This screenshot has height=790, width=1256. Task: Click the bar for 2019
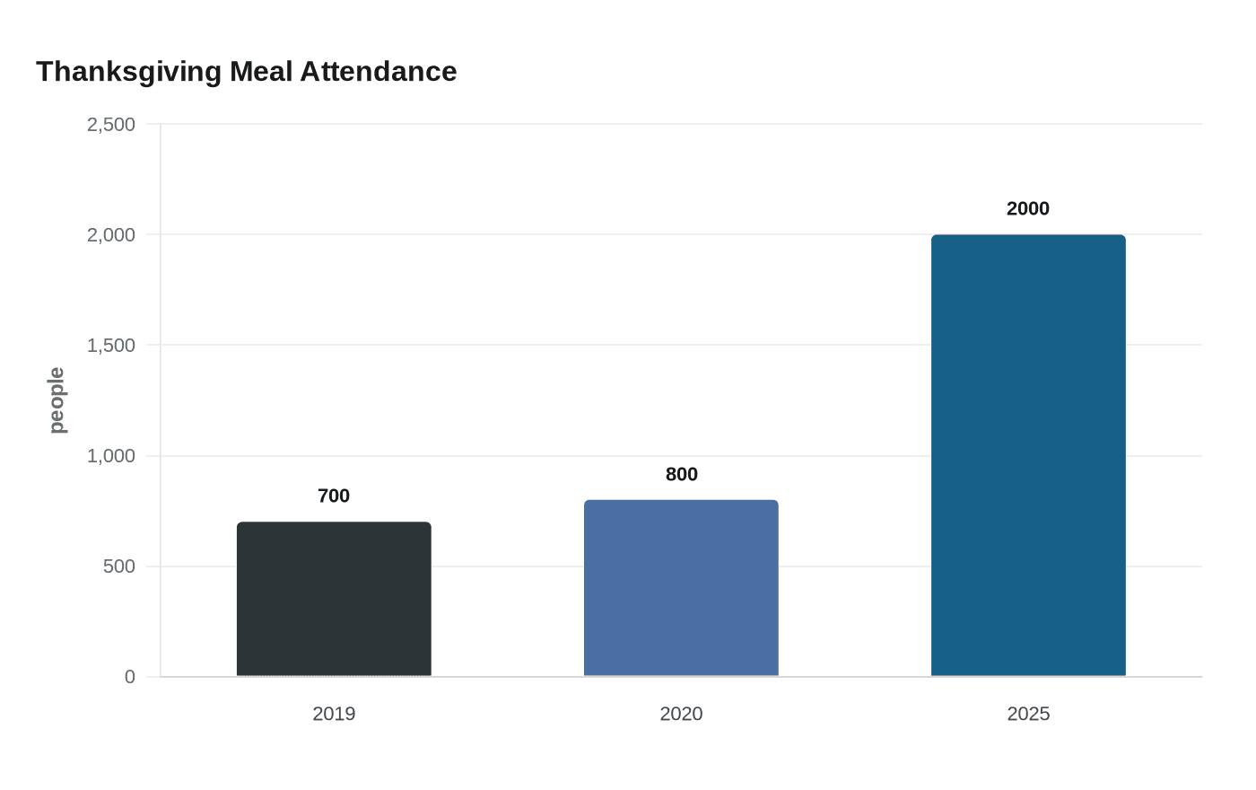tap(334, 599)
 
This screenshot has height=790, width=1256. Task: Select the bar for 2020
tap(681, 588)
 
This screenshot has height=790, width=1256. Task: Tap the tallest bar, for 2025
tap(1028, 455)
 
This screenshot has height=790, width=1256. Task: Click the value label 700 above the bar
tap(334, 496)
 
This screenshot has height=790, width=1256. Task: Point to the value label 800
tap(681, 474)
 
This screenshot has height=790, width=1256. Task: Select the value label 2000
tap(1028, 208)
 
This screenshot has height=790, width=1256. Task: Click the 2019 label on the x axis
tap(334, 714)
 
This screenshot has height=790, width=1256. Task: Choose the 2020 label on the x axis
tap(681, 714)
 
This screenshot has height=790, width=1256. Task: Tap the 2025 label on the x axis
tap(1028, 714)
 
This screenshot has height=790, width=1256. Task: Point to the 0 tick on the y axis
tap(130, 677)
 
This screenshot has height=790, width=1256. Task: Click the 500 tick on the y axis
tap(119, 566)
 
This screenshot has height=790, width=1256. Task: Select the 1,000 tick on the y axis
tap(111, 456)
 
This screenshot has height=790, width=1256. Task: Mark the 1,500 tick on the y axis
tap(111, 346)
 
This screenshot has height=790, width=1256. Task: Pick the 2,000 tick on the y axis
tap(111, 235)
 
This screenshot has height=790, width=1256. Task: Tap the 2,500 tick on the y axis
tap(111, 125)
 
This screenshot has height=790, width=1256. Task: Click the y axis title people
tap(57, 400)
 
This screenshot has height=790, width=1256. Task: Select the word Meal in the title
tap(261, 72)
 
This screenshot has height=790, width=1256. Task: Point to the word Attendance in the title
tap(379, 72)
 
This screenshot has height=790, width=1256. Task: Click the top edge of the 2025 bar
tap(1028, 235)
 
